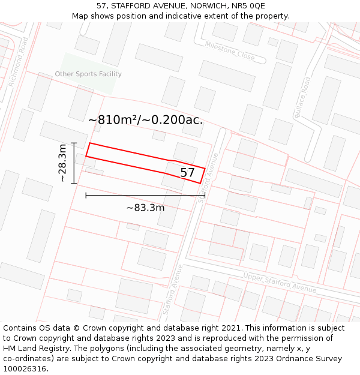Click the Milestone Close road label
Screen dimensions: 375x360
point(229,51)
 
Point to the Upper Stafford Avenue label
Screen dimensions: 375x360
point(280,283)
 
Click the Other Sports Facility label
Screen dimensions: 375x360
point(88,74)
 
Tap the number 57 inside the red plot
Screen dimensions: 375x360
point(188,173)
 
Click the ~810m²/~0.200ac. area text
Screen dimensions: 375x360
point(145,120)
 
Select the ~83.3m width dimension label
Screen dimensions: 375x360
point(145,208)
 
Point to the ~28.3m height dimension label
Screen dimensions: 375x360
point(62,163)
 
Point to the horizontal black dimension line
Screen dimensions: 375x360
point(145,195)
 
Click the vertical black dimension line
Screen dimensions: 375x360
point(74,163)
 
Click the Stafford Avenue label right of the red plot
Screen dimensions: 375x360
point(209,178)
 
